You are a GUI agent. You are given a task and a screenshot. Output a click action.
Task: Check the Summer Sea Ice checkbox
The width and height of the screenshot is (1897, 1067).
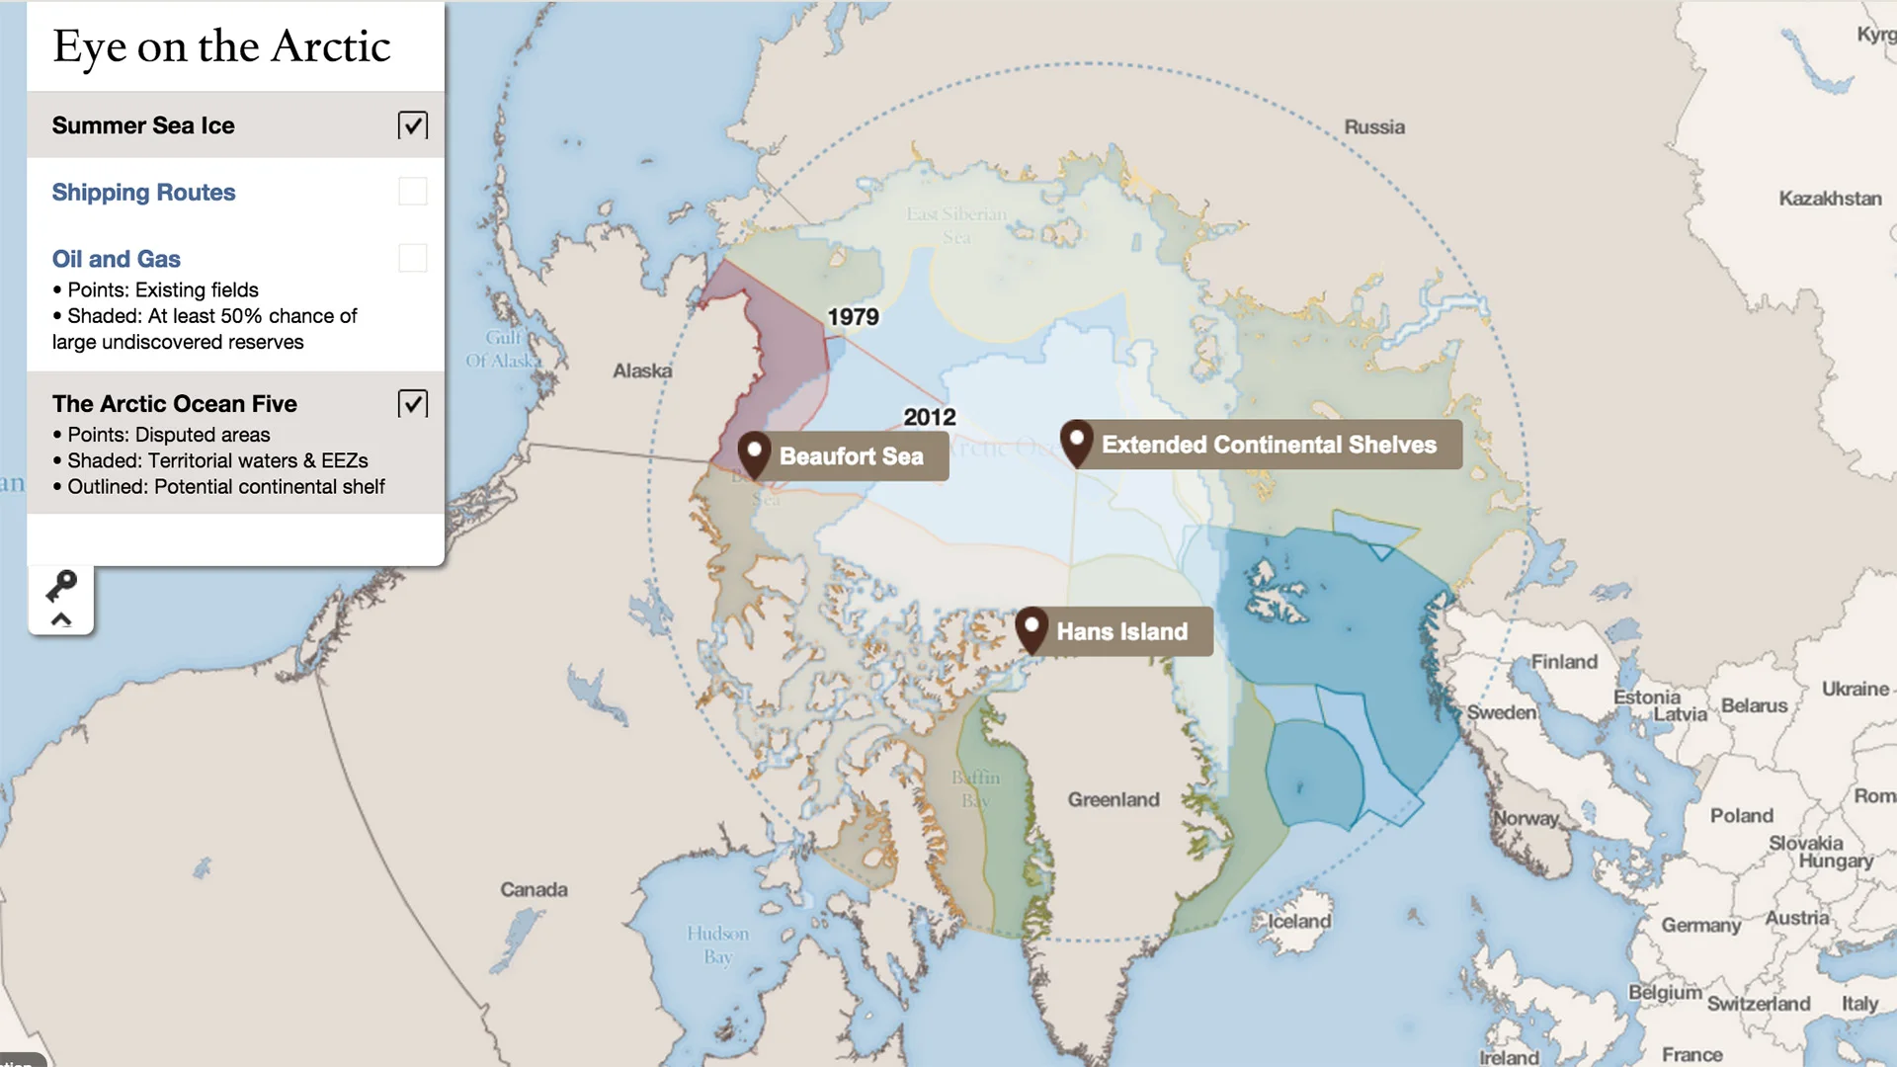(412, 125)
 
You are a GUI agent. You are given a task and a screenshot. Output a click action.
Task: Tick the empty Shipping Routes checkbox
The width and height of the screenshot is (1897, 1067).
(412, 192)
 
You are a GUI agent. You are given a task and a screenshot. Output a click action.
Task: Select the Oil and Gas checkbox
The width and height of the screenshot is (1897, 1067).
(412, 258)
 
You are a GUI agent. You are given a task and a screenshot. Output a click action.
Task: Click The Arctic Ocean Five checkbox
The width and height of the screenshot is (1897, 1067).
(412, 403)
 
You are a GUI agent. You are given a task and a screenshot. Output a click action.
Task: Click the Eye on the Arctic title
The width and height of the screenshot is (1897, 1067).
(221, 46)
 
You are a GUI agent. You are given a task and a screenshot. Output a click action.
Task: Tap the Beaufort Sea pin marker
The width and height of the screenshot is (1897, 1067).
(755, 452)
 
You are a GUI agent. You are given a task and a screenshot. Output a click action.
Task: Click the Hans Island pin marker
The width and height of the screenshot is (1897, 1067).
(1031, 627)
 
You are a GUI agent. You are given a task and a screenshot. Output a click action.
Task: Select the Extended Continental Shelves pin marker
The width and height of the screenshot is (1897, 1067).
(1077, 441)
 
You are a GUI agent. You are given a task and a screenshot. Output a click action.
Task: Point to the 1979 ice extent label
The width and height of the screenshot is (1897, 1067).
(853, 317)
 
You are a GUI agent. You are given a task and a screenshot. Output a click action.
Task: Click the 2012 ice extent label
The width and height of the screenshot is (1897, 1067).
(929, 417)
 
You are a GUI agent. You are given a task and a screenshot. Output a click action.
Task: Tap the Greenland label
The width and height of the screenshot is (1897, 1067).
(1113, 799)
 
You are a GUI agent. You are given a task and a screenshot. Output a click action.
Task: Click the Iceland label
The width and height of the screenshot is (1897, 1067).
(1299, 922)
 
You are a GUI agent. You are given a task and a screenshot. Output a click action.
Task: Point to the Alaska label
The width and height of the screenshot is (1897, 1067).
(642, 370)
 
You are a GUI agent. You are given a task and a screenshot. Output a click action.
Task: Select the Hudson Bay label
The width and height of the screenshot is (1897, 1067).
(718, 944)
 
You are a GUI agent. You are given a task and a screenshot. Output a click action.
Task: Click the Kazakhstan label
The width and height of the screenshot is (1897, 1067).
(1830, 199)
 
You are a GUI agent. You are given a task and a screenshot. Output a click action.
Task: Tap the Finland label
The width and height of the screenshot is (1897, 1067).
(1564, 662)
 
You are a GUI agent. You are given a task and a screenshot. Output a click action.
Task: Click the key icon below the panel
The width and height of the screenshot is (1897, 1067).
(61, 586)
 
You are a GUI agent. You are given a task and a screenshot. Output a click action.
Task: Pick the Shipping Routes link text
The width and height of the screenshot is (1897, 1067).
(143, 193)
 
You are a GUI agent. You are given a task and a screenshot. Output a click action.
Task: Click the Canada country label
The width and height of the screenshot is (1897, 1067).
(534, 889)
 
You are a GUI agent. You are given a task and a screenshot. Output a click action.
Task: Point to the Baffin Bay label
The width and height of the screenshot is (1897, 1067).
(976, 789)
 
